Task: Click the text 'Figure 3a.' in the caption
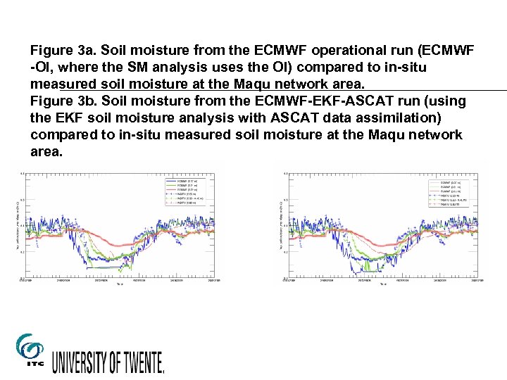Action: click(x=63, y=51)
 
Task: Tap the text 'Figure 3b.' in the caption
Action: click(x=63, y=101)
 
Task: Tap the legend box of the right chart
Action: click(x=451, y=193)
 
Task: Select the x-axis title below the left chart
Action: click(x=118, y=284)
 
